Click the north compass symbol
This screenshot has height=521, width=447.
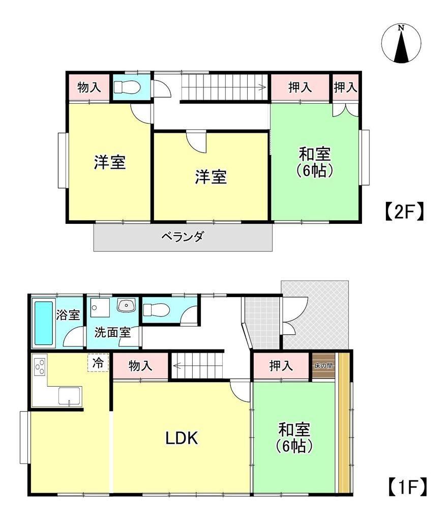point(401,43)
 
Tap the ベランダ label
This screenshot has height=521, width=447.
point(183,237)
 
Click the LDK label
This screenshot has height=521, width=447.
point(182,438)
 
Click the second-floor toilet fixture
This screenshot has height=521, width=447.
point(127,87)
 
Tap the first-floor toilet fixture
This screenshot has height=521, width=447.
point(156,310)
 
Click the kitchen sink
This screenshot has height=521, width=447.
point(69,396)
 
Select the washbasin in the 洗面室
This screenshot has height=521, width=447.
point(126,305)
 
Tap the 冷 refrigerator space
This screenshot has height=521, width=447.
point(98,363)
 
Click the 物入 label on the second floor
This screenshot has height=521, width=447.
point(89,88)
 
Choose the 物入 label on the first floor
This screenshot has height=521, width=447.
point(140,366)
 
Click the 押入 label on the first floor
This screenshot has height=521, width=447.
point(281,365)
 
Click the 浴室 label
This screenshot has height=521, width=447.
point(68,315)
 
